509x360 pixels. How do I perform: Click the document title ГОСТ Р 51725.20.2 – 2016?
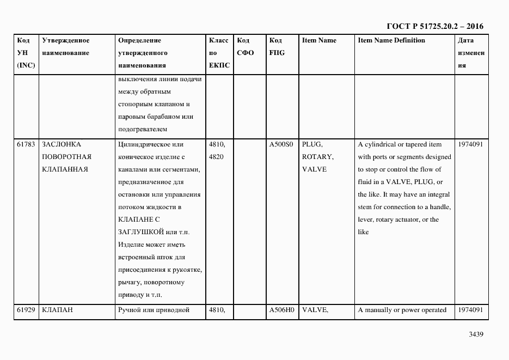[x=434, y=26]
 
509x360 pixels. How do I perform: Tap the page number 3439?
[x=475, y=334]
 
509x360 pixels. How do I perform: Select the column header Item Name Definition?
[x=391, y=40]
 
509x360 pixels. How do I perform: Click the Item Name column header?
[x=319, y=40]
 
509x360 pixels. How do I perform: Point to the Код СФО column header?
[x=246, y=47]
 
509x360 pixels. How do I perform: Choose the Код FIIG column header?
[x=277, y=47]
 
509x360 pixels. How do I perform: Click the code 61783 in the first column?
[x=26, y=144]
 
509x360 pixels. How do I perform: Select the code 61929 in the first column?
[x=26, y=310]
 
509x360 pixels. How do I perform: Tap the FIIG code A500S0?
[x=281, y=144]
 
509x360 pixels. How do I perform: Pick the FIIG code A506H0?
[x=281, y=310]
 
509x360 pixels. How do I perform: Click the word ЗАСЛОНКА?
[x=62, y=144]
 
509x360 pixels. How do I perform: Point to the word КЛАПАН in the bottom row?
[x=57, y=310]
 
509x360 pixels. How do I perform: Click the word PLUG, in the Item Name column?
[x=312, y=144]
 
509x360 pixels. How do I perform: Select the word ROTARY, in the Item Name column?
[x=318, y=157]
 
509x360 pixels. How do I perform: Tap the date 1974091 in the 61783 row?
[x=470, y=144]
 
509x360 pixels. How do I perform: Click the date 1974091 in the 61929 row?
[x=470, y=310]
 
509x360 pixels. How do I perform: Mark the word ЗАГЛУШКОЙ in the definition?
[x=141, y=232]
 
